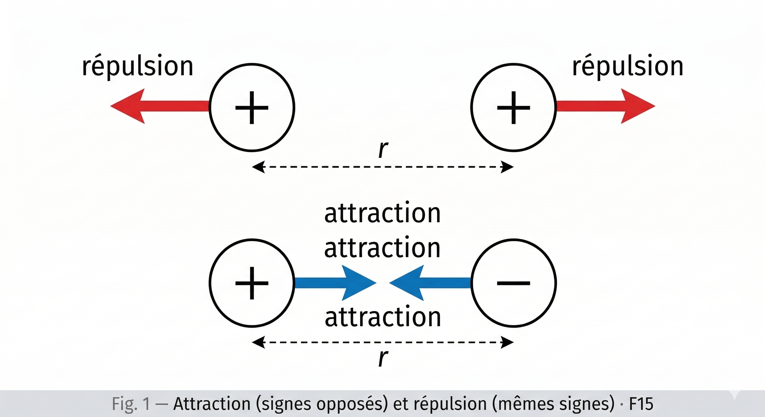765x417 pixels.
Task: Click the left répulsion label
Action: [x=137, y=67]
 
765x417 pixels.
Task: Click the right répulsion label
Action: [x=628, y=67]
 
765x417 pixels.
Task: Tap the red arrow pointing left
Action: [x=154, y=106]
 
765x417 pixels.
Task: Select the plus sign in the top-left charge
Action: [x=252, y=108]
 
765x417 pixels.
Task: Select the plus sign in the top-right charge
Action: [x=513, y=108]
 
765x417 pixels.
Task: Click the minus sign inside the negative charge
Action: [x=513, y=283]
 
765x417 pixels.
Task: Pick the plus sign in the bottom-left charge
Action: [x=252, y=283]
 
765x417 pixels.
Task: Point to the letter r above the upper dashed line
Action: [x=383, y=149]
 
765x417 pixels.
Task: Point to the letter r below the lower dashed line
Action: [x=383, y=358]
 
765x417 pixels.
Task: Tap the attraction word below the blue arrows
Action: [x=382, y=317]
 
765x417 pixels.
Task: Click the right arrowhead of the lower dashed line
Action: [x=507, y=342]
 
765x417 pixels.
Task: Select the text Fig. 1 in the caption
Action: [x=131, y=404]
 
